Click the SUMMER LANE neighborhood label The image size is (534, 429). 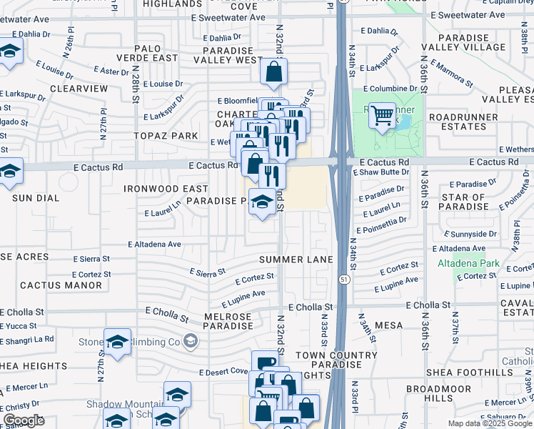point(296,259)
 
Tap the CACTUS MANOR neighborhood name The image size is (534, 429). point(61,285)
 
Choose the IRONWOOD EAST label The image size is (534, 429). point(166,189)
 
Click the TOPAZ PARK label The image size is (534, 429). point(165,136)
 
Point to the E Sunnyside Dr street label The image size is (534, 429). point(469,234)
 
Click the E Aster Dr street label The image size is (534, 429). point(111,71)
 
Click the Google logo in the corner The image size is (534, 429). point(24,420)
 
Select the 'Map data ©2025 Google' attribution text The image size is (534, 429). point(489,423)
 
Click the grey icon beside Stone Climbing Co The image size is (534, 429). point(190,342)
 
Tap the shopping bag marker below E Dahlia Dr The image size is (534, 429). point(273,72)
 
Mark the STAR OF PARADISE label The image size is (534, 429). point(463,202)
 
